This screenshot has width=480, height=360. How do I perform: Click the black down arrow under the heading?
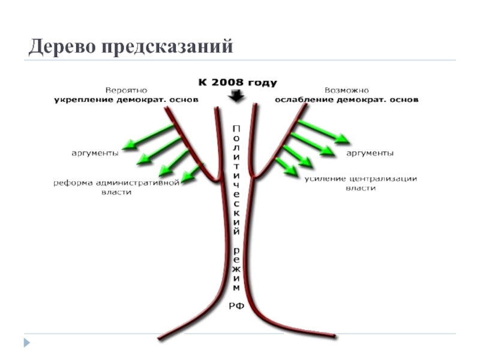tap(236, 95)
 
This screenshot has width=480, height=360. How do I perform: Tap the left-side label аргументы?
tap(95, 154)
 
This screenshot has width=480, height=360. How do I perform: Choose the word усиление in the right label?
tap(324, 179)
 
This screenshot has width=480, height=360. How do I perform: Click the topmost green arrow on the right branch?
tap(324, 131)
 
